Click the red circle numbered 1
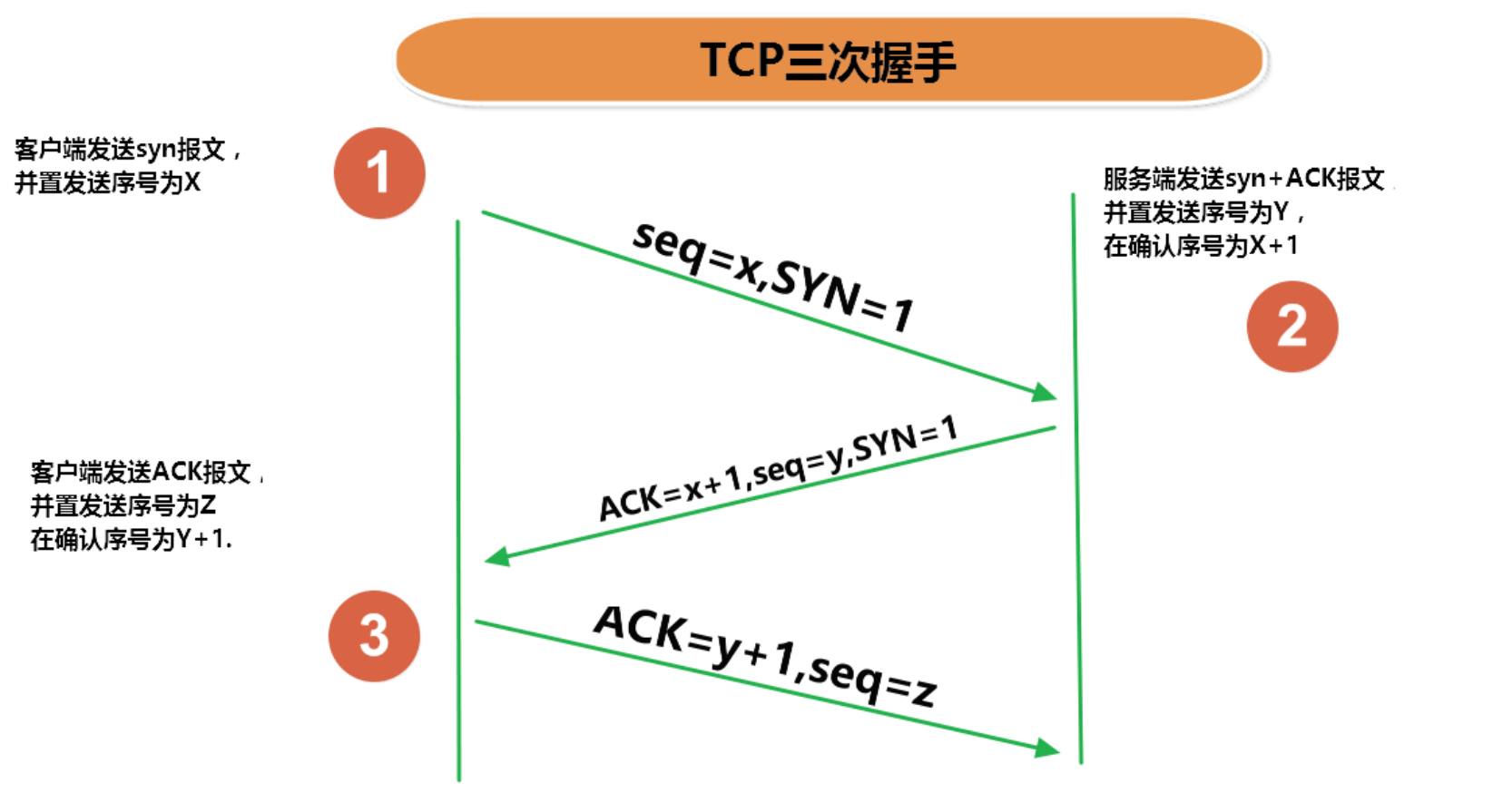[379, 172]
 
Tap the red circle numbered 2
[1292, 327]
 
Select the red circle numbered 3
[374, 636]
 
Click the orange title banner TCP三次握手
[830, 60]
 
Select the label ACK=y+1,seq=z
[765, 655]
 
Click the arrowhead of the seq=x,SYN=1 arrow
[1046, 392]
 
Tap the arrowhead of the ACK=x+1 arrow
[497, 556]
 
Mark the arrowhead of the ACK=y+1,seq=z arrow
[1048, 748]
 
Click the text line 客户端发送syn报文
[127, 149]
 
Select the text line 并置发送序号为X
[107, 182]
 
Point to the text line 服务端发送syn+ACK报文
[1244, 179]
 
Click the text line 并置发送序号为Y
[1203, 212]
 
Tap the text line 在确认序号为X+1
[1200, 245]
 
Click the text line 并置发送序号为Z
[123, 505]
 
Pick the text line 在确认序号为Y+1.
[131, 539]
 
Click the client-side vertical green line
[458, 499]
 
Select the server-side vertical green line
[1077, 481]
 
